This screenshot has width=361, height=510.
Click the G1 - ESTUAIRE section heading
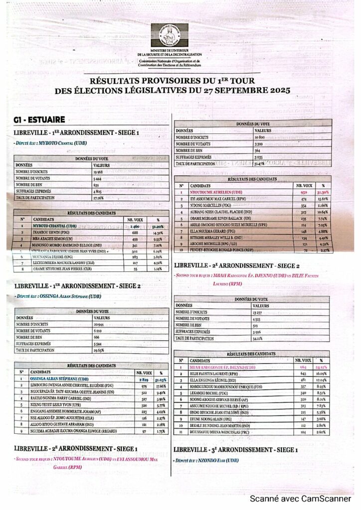tap(39, 120)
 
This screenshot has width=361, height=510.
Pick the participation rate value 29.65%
tap(100, 350)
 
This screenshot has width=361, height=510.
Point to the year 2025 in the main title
tap(277, 91)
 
